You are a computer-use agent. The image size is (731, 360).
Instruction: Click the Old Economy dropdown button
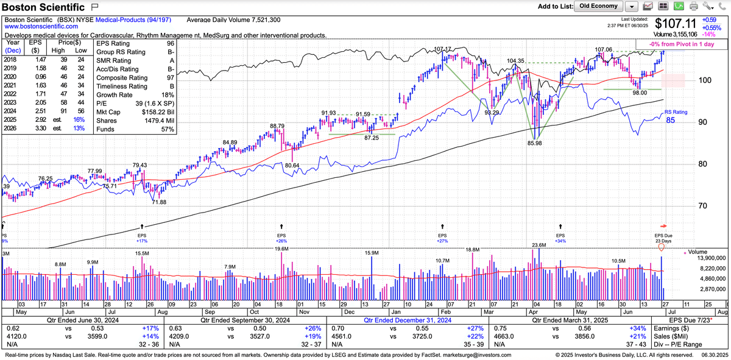pyautogui.click(x=598, y=6)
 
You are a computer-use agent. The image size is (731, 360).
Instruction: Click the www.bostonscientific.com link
pyautogui.click(x=38, y=27)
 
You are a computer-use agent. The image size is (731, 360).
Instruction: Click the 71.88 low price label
pyautogui.click(x=158, y=202)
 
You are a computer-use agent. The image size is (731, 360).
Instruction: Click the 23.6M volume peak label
pyautogui.click(x=539, y=245)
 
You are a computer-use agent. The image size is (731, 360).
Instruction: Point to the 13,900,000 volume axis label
pyautogui.click(x=710, y=259)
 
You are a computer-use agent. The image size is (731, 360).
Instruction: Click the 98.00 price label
pyautogui.click(x=639, y=93)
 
